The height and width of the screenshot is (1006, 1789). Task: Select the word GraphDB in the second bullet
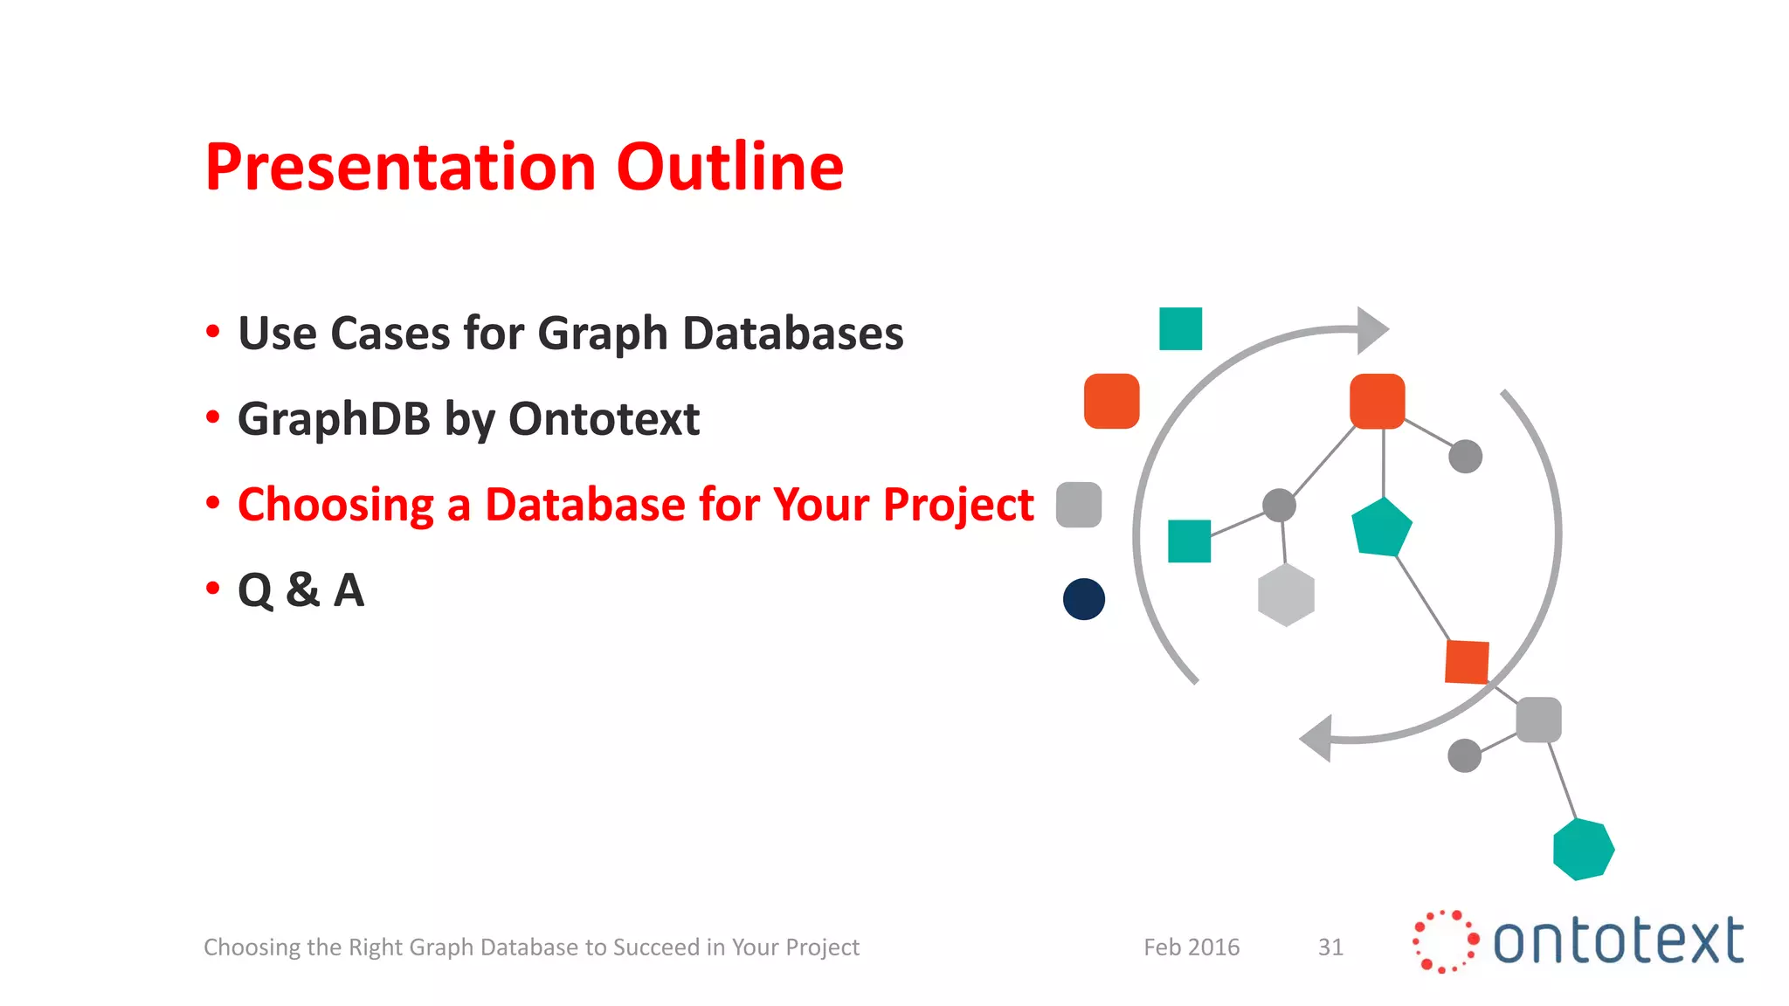click(334, 419)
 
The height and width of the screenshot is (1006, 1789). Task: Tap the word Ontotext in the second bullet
click(604, 419)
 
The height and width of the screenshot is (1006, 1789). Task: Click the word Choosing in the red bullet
click(335, 505)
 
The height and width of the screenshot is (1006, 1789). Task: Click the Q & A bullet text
click(300, 590)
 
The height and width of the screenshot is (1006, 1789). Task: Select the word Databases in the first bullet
click(792, 334)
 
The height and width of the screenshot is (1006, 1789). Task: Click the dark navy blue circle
click(1084, 599)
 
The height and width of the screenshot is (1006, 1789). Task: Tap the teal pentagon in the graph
click(1381, 528)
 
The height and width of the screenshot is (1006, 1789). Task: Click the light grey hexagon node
click(1286, 596)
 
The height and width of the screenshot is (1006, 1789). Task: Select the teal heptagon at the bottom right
click(1583, 849)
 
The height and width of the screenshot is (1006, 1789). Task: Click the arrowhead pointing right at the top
click(1371, 330)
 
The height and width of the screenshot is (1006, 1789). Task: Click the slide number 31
click(1330, 947)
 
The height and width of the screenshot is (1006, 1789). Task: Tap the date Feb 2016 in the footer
click(1192, 947)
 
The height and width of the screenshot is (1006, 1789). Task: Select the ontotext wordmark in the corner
click(1618, 941)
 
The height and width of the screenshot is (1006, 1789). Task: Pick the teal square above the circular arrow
click(1180, 328)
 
